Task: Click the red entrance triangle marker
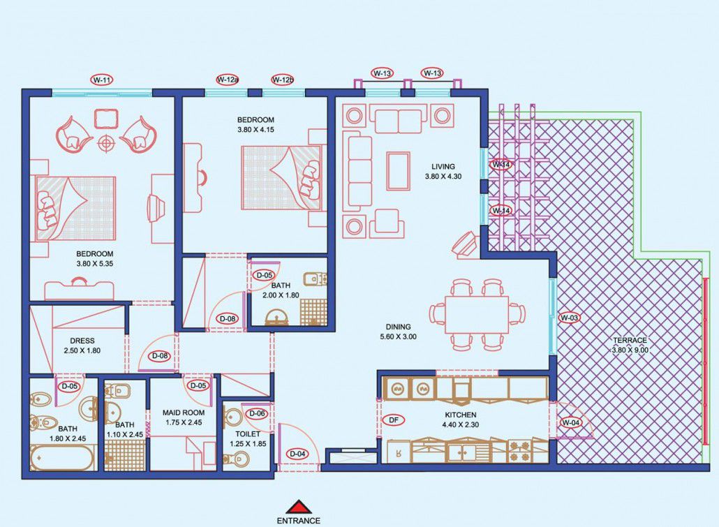point(299,507)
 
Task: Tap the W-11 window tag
point(102,80)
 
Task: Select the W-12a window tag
point(228,80)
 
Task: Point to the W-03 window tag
point(570,318)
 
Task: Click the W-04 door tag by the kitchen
point(571,422)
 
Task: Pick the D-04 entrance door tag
point(297,454)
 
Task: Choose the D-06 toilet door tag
point(257,413)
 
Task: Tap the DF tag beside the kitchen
point(394,420)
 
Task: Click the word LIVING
point(443,167)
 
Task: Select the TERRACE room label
point(630,341)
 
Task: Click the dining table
point(477,315)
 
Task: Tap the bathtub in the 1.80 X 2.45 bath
point(63,458)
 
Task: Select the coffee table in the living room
point(398,170)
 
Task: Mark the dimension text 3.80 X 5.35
point(94,264)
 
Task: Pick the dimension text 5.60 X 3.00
point(398,336)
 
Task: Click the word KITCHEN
point(460,415)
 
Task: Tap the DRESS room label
point(82,341)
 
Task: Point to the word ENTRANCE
point(299,521)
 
